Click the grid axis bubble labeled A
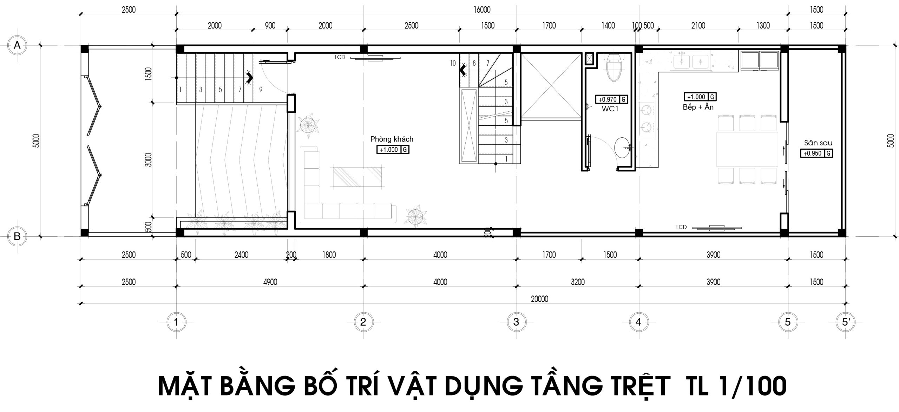(17, 45)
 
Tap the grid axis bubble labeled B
(17, 236)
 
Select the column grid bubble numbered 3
(516, 322)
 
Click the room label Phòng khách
(392, 139)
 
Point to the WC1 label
(610, 109)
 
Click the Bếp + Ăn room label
(698, 107)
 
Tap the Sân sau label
(818, 143)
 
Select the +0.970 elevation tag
(611, 99)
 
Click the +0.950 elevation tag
(816, 153)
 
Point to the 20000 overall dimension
(539, 299)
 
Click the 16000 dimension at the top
(482, 10)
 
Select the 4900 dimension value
(270, 282)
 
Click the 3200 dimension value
(578, 282)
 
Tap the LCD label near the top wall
(340, 57)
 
